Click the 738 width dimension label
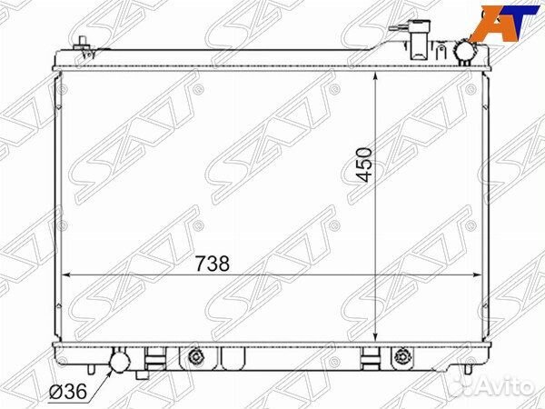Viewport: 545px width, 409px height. [x=213, y=264]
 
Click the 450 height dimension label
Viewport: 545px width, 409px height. [x=364, y=165]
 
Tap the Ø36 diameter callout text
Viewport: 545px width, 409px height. [x=68, y=392]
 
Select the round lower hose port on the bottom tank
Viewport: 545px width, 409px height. [x=120, y=361]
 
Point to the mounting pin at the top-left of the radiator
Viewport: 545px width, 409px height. [x=84, y=46]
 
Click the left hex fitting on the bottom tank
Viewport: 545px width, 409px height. [x=196, y=356]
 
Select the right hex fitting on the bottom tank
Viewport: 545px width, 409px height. [x=402, y=356]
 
